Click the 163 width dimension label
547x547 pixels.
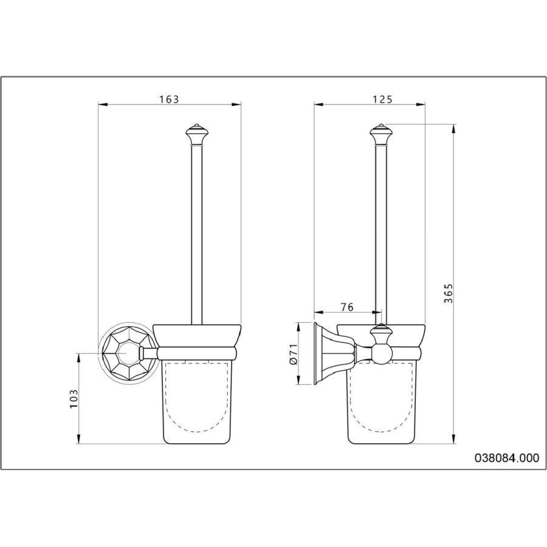169,100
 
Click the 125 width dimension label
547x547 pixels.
383,100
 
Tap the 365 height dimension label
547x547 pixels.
449,294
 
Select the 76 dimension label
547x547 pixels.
347,307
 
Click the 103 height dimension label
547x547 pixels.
74,399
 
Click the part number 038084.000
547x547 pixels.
507,458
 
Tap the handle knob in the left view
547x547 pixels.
197,134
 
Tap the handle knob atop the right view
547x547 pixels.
381,134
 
